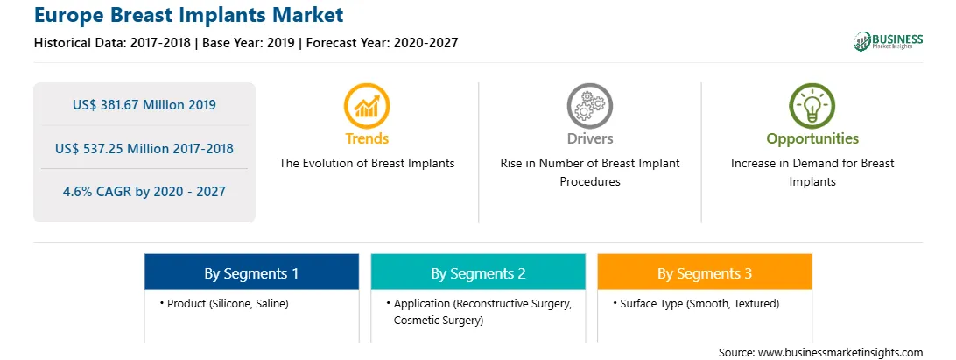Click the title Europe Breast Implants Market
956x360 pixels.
pos(188,14)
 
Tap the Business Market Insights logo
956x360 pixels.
pos(888,41)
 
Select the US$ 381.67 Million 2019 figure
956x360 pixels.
pos(144,105)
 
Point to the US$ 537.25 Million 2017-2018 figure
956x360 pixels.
pos(144,148)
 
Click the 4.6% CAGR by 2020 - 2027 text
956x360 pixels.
pos(144,192)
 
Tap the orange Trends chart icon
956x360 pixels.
pos(367,106)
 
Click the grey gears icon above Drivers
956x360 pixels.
pos(589,106)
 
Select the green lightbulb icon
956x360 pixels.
pos(812,106)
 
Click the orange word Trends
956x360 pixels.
pos(367,138)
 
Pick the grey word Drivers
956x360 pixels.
pos(589,138)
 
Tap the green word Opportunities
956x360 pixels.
pos(812,139)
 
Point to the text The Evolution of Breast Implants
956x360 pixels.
pos(367,164)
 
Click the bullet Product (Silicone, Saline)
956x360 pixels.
pos(224,303)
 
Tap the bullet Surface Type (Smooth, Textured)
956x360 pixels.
pos(696,303)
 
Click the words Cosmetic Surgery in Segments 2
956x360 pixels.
pos(439,321)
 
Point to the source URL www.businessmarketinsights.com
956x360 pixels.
pos(840,352)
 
